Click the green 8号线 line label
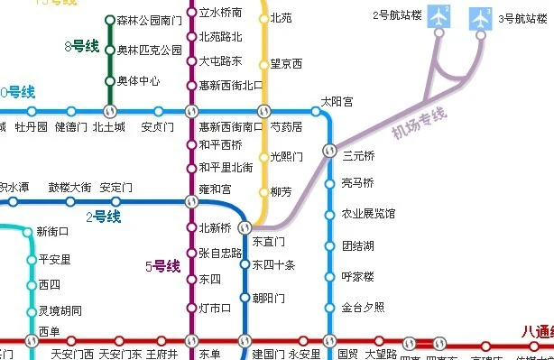82,46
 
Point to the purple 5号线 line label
162,266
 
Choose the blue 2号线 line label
103,217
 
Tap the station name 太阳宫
337,103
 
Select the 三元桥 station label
358,155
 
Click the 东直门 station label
268,242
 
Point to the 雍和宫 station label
215,189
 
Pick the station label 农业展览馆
368,214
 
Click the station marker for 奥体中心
110,81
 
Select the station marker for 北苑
263,18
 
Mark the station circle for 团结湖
330,245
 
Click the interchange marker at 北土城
110,111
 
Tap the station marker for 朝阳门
244,298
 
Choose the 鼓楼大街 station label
69,188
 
